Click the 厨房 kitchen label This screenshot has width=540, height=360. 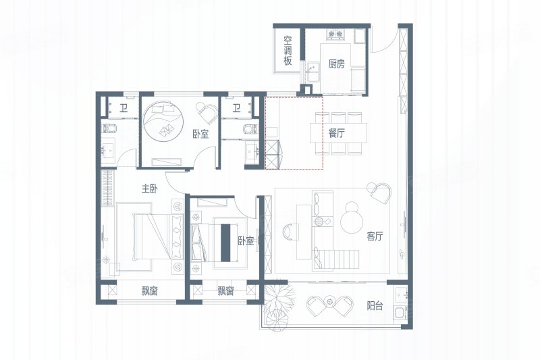(x=336, y=63)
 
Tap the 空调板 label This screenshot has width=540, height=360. (x=288, y=51)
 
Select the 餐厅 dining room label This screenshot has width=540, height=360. (x=336, y=133)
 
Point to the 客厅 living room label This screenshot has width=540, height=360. (x=375, y=236)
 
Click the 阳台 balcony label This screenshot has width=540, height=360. (x=375, y=305)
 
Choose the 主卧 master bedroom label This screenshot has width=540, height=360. (x=149, y=188)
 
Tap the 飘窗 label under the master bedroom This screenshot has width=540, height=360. (x=149, y=291)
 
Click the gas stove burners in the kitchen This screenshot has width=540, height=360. (x=335, y=34)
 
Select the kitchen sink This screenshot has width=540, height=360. (x=313, y=72)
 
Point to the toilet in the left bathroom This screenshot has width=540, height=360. (x=110, y=128)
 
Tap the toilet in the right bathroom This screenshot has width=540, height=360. (x=250, y=129)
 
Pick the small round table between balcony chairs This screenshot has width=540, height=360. (x=330, y=301)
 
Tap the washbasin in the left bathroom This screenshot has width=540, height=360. (x=110, y=149)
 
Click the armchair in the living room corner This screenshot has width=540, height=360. (x=380, y=192)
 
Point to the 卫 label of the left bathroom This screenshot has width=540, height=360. (x=123, y=109)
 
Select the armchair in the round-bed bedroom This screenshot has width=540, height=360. (x=207, y=112)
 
